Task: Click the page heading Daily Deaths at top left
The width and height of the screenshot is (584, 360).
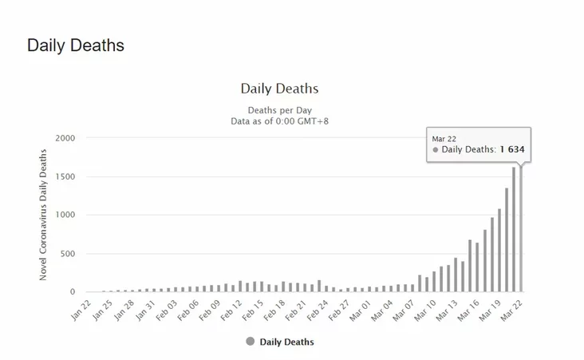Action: (x=76, y=45)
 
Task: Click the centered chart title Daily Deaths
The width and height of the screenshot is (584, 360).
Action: (x=279, y=89)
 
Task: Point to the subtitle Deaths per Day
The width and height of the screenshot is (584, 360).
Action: (x=279, y=109)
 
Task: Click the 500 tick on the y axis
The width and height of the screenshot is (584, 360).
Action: (x=67, y=254)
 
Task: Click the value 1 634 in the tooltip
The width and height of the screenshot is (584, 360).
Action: (x=512, y=149)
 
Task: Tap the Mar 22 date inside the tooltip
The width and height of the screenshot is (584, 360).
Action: (x=444, y=138)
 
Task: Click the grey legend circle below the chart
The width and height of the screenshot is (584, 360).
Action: (x=251, y=342)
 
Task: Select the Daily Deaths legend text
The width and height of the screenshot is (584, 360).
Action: (x=287, y=342)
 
